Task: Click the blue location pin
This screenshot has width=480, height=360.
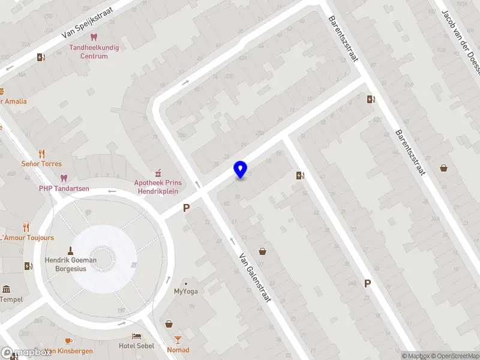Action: [241, 170]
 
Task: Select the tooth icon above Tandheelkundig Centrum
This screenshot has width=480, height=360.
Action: [93, 37]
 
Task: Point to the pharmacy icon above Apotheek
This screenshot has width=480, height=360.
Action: [158, 172]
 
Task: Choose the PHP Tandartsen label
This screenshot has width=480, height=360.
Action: [64, 188]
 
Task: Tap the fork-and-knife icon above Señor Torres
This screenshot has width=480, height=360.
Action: [41, 153]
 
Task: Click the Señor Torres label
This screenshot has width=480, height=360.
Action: [41, 164]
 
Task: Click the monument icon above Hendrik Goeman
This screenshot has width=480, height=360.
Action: [70, 250]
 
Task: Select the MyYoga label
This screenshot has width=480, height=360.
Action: [186, 292]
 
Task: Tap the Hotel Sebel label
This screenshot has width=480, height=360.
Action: [137, 346]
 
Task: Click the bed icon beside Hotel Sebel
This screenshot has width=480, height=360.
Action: [137, 336]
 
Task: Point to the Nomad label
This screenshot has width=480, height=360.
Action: [178, 350]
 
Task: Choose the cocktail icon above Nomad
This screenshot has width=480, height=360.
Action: [169, 324]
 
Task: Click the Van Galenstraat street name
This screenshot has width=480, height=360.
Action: [256, 277]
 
